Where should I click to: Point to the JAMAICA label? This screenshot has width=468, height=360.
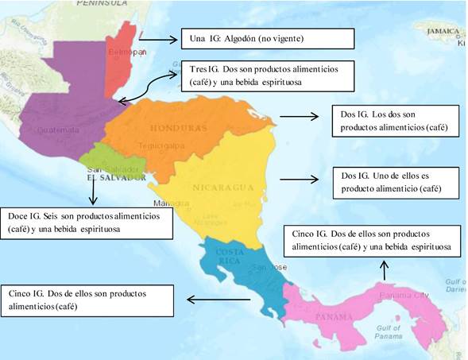coord(443,31)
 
